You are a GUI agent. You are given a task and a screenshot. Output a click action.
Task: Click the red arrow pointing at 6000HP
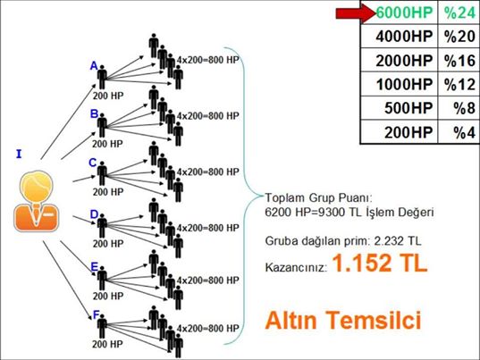point(356,13)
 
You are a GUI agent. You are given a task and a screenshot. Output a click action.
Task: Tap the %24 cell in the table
point(459,13)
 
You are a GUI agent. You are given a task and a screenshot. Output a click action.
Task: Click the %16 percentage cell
point(459,61)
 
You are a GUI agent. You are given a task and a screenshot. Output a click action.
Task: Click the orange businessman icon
point(36,201)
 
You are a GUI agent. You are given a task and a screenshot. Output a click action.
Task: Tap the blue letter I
point(19,155)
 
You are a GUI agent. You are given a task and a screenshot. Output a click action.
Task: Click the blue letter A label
point(94,66)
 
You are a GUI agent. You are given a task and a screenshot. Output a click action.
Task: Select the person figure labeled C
point(102,173)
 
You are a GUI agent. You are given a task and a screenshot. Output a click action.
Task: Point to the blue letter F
point(96,314)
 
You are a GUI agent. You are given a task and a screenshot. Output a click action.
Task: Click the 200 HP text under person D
point(108,244)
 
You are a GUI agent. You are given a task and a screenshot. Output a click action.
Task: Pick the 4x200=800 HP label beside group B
point(208,116)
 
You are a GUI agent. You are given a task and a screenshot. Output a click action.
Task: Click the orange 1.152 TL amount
point(380,264)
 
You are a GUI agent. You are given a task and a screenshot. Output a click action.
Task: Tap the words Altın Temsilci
point(343,320)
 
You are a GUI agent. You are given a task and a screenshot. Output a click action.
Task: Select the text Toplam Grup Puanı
point(318,198)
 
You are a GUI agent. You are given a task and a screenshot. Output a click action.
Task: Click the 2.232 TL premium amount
point(398,241)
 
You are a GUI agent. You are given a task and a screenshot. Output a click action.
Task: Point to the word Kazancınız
point(296,267)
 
